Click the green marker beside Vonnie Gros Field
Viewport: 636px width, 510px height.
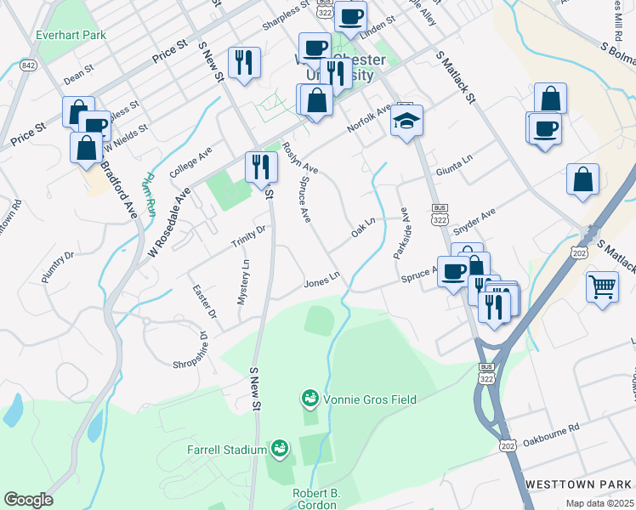[309, 397]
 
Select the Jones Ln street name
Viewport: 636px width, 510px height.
[322, 279]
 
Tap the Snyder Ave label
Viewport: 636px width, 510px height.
[474, 222]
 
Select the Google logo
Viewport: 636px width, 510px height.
[28, 500]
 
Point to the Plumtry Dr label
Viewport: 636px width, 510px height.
[58, 266]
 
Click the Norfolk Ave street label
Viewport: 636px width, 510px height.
[369, 119]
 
